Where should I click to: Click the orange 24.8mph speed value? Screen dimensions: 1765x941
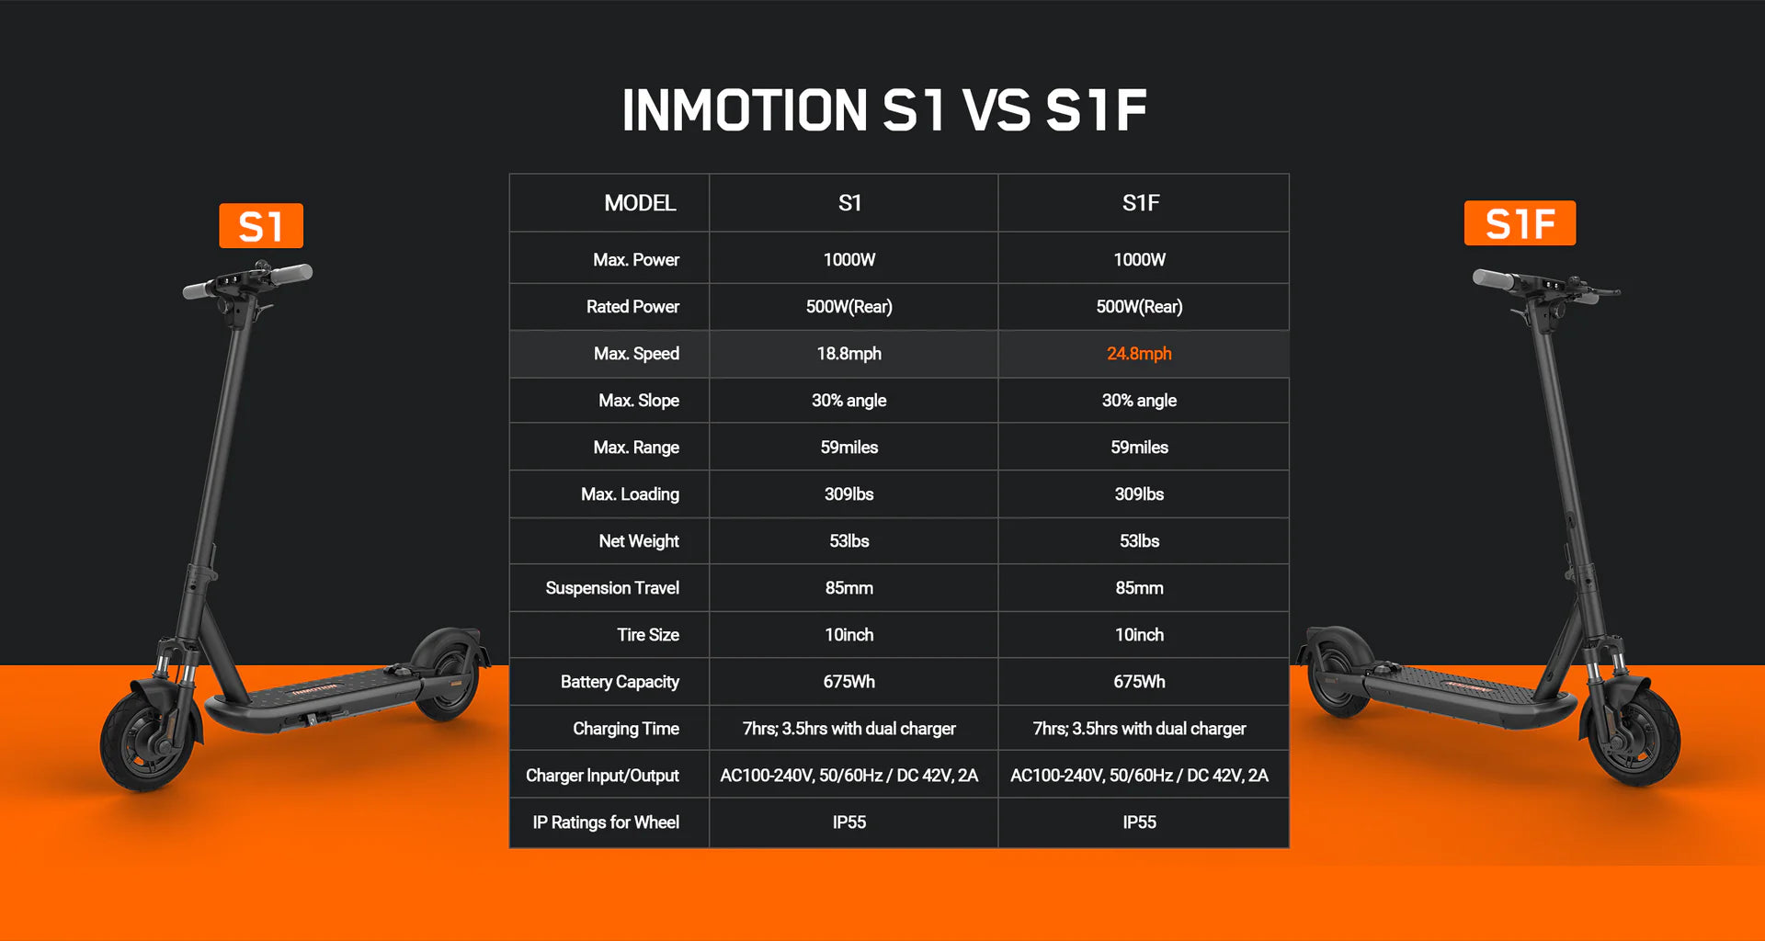tap(1139, 354)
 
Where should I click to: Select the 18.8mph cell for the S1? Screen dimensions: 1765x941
tap(849, 354)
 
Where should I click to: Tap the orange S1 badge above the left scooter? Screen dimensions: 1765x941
tap(261, 226)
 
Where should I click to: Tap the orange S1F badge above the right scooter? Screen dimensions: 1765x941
tap(1520, 223)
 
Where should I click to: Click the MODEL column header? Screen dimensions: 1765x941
tap(640, 203)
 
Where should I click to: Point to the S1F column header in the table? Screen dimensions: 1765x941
tap(1141, 203)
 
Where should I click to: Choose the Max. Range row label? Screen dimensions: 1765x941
tap(636, 448)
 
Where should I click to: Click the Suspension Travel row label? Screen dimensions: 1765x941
tap(612, 588)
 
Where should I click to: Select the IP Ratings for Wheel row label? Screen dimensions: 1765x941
tap(606, 822)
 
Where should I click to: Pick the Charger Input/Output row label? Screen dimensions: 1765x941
tap(602, 776)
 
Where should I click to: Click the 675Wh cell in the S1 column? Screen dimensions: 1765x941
tap(849, 682)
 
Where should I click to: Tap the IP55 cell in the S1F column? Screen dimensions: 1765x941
tap(1139, 822)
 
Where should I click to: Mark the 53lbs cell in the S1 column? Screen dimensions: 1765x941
tap(849, 541)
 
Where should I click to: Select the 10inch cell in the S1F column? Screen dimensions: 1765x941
tap(1139, 635)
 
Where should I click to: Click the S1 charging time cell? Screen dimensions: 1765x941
tap(849, 729)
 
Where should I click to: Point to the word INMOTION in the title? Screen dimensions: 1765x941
tap(745, 110)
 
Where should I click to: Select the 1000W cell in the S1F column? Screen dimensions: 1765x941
tap(1139, 260)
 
